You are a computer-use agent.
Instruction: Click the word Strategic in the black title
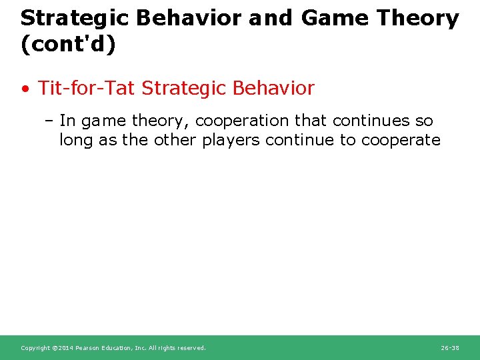pos(75,19)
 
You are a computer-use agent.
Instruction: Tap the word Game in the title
pos(335,18)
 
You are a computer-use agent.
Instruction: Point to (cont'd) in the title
pos(68,45)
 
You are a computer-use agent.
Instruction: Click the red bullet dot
pos(25,89)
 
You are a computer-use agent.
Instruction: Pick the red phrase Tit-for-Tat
pos(86,88)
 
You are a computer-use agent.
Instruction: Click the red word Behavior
pos(273,88)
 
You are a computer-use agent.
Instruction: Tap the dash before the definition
pos(49,121)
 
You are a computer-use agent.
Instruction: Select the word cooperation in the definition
pos(242,121)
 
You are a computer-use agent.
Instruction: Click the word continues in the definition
pos(371,121)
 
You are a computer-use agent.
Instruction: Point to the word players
pos(231,141)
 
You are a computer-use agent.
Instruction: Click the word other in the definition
pos(175,140)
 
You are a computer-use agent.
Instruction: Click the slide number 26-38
pos(450,348)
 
